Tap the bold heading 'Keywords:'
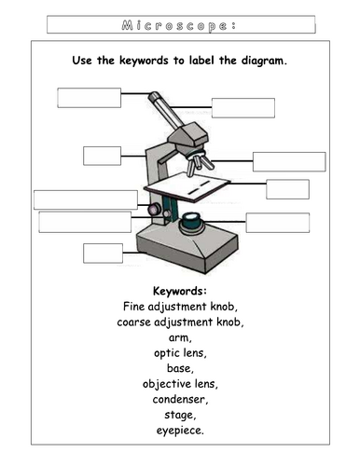[179, 291]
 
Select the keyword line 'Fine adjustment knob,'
[180, 306]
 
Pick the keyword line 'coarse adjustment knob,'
[180, 322]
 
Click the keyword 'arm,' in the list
[180, 337]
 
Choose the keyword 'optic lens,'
[180, 353]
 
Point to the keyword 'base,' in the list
[180, 368]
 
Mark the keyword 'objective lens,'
[180, 384]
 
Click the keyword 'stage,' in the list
[180, 415]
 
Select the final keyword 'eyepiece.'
[180, 431]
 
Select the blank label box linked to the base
[103, 252]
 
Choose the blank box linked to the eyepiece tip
[90, 97]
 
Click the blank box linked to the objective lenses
[289, 160]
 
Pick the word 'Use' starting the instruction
[82, 60]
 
